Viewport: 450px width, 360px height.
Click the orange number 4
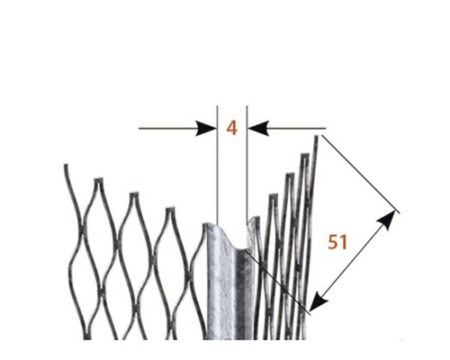pos(231,128)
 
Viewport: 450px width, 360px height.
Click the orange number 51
pos(337,242)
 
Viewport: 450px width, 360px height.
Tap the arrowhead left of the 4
pos(206,129)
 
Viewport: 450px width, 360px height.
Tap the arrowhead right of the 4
pos(258,129)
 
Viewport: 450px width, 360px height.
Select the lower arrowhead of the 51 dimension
pos(318,302)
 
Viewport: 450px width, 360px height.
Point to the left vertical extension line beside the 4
pos(217,165)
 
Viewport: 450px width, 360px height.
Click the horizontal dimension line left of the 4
pos(177,129)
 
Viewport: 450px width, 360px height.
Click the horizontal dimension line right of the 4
pos(287,129)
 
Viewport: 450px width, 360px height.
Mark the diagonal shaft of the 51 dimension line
pos(353,261)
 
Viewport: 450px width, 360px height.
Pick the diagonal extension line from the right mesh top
pos(361,174)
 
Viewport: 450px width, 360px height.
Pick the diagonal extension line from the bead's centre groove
pos(277,282)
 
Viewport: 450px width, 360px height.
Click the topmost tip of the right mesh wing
pos(316,137)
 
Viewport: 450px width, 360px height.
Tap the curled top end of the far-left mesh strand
pos(66,165)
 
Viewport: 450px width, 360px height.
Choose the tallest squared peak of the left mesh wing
pos(99,180)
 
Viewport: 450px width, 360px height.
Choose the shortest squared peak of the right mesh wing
pos(274,196)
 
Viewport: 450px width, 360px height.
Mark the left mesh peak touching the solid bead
pos(205,225)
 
